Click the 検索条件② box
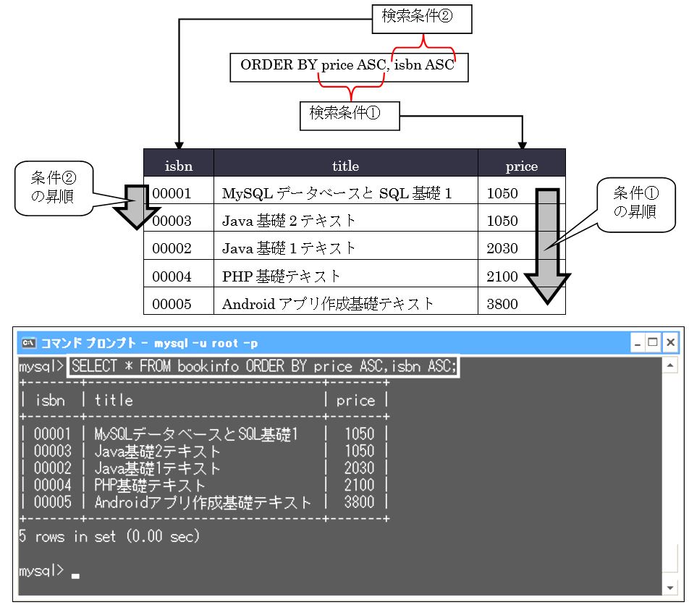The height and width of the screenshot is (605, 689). pyautogui.click(x=422, y=19)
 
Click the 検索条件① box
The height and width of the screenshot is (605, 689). pyautogui.click(x=350, y=114)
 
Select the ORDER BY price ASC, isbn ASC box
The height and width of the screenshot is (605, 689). pyautogui.click(x=348, y=66)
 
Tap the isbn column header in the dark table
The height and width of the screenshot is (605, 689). pyautogui.click(x=178, y=166)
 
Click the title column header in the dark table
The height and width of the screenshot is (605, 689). pyautogui.click(x=345, y=166)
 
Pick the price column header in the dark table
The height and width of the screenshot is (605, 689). pyautogui.click(x=521, y=166)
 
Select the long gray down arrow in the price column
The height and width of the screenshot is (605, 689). pyautogui.click(x=548, y=246)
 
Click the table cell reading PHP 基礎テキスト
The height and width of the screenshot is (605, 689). pyautogui.click(x=282, y=276)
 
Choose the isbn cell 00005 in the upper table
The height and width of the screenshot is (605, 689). pyautogui.click(x=172, y=304)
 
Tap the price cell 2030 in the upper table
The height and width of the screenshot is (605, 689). pyautogui.click(x=502, y=248)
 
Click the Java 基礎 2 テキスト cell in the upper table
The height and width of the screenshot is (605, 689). pyautogui.click(x=289, y=221)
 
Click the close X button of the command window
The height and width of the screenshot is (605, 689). pyautogui.click(x=670, y=342)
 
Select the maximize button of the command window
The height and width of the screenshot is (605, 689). pyautogui.click(x=654, y=342)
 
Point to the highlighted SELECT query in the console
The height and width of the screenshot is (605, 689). pyautogui.click(x=264, y=366)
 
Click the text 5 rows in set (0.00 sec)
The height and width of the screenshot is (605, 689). pyautogui.click(x=109, y=537)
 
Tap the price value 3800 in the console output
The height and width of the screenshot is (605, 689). pyautogui.click(x=359, y=502)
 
